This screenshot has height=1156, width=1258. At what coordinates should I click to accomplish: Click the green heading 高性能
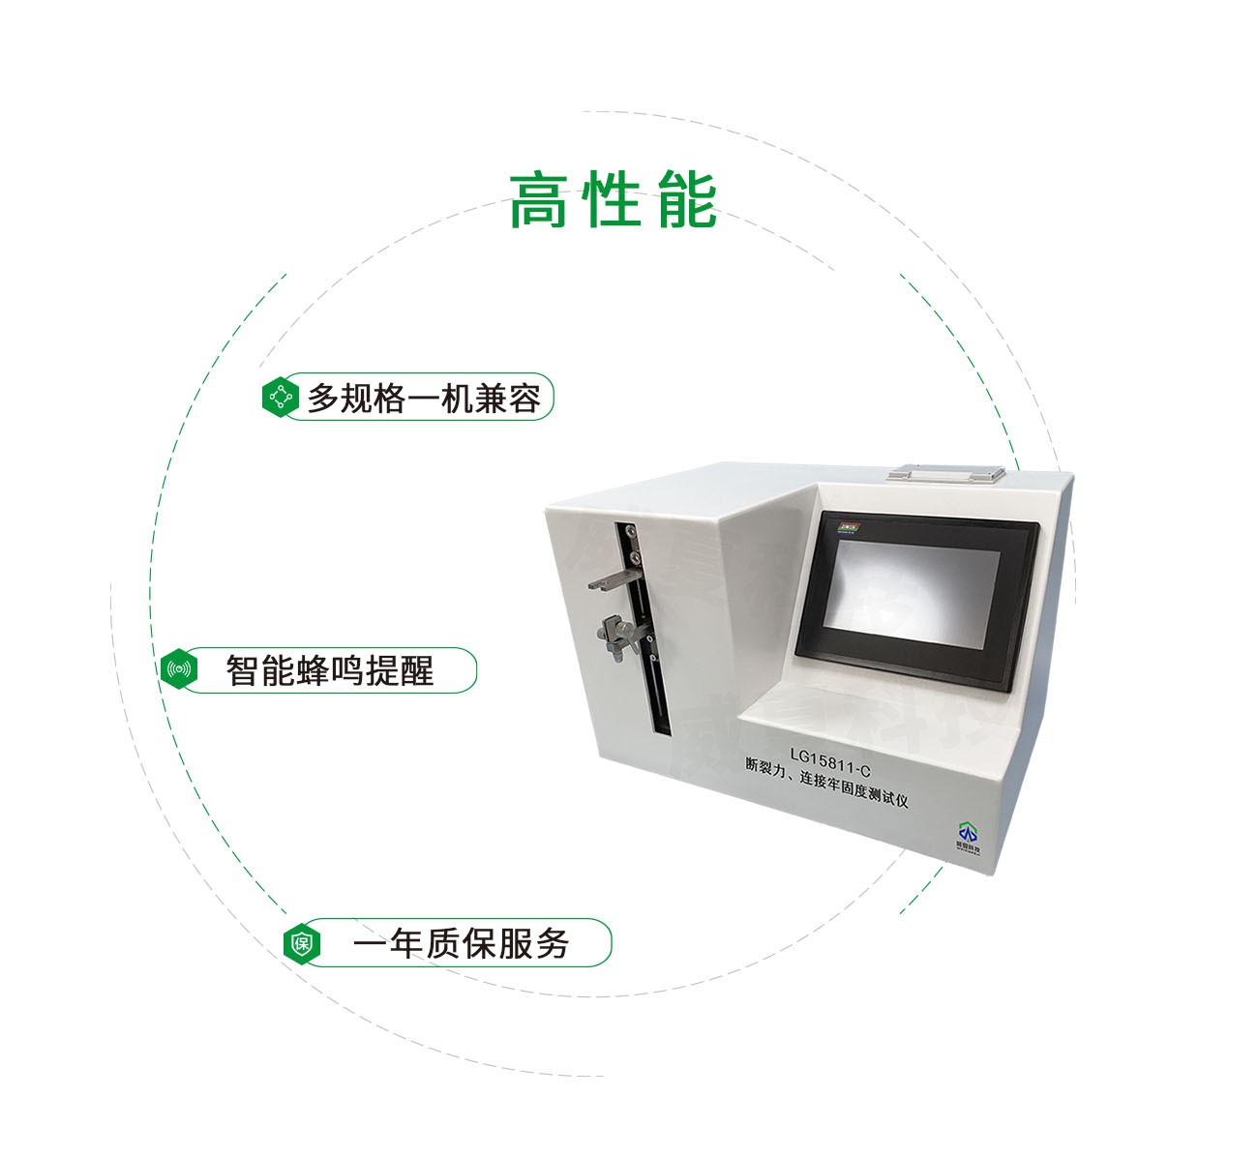tap(613, 200)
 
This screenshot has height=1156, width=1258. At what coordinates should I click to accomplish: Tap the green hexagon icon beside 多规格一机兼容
tap(281, 397)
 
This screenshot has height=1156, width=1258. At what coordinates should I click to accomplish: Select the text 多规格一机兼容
tap(423, 398)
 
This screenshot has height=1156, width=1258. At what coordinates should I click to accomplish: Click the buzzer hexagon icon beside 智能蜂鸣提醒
tap(179, 669)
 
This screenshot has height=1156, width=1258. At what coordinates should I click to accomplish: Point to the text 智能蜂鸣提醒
tap(329, 670)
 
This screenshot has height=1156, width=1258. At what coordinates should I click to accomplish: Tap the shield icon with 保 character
tap(302, 943)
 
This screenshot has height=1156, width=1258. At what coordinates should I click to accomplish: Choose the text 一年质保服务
tap(461, 943)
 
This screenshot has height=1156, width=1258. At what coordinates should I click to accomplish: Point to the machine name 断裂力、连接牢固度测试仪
tap(826, 781)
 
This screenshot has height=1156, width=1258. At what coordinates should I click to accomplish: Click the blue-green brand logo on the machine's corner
tap(968, 834)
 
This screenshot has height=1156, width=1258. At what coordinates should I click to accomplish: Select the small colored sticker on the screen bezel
tap(851, 527)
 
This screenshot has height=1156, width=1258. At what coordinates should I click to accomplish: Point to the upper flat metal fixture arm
tap(610, 582)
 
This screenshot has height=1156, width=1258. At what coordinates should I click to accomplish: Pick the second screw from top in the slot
tap(634, 557)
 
